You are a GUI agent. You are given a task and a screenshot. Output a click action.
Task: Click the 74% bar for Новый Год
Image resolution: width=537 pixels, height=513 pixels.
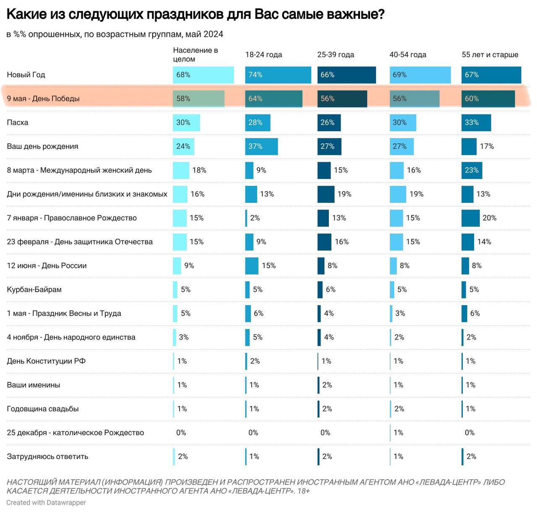click(278, 75)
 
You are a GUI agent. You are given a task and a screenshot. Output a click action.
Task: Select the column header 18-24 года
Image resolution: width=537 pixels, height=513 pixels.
click(263, 55)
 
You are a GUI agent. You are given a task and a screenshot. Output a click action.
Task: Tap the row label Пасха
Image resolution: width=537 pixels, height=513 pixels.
click(18, 123)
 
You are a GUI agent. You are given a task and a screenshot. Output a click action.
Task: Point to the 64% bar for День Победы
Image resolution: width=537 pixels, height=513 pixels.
click(274, 99)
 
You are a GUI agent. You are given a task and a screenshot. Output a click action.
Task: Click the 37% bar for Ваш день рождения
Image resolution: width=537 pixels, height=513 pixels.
click(261, 147)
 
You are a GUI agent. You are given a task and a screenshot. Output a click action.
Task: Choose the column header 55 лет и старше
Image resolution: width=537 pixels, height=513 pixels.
click(490, 55)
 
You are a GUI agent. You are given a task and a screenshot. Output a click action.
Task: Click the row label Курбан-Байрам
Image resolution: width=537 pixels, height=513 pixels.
click(34, 290)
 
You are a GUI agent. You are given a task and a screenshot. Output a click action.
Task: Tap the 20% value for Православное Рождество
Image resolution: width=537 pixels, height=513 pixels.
click(489, 218)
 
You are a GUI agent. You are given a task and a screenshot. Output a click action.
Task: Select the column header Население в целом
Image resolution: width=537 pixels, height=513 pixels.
click(195, 55)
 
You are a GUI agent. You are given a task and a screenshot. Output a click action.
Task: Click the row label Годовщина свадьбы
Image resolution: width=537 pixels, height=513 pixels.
click(43, 409)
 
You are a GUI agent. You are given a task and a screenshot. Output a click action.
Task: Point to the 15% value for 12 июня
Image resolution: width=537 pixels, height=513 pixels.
click(268, 266)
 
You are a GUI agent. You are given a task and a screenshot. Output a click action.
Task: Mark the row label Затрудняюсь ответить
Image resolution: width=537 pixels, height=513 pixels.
click(47, 457)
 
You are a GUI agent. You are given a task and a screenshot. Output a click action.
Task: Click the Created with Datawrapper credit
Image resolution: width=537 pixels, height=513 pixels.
click(46, 503)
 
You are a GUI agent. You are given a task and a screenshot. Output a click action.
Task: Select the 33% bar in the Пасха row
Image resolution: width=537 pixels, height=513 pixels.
click(476, 123)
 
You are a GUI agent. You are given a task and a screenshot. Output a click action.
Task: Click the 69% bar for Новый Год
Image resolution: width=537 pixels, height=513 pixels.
click(420, 75)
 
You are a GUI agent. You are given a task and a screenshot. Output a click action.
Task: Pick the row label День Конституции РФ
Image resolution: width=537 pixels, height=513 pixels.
click(46, 361)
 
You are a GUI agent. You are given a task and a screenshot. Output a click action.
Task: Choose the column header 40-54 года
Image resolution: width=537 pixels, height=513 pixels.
click(408, 55)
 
